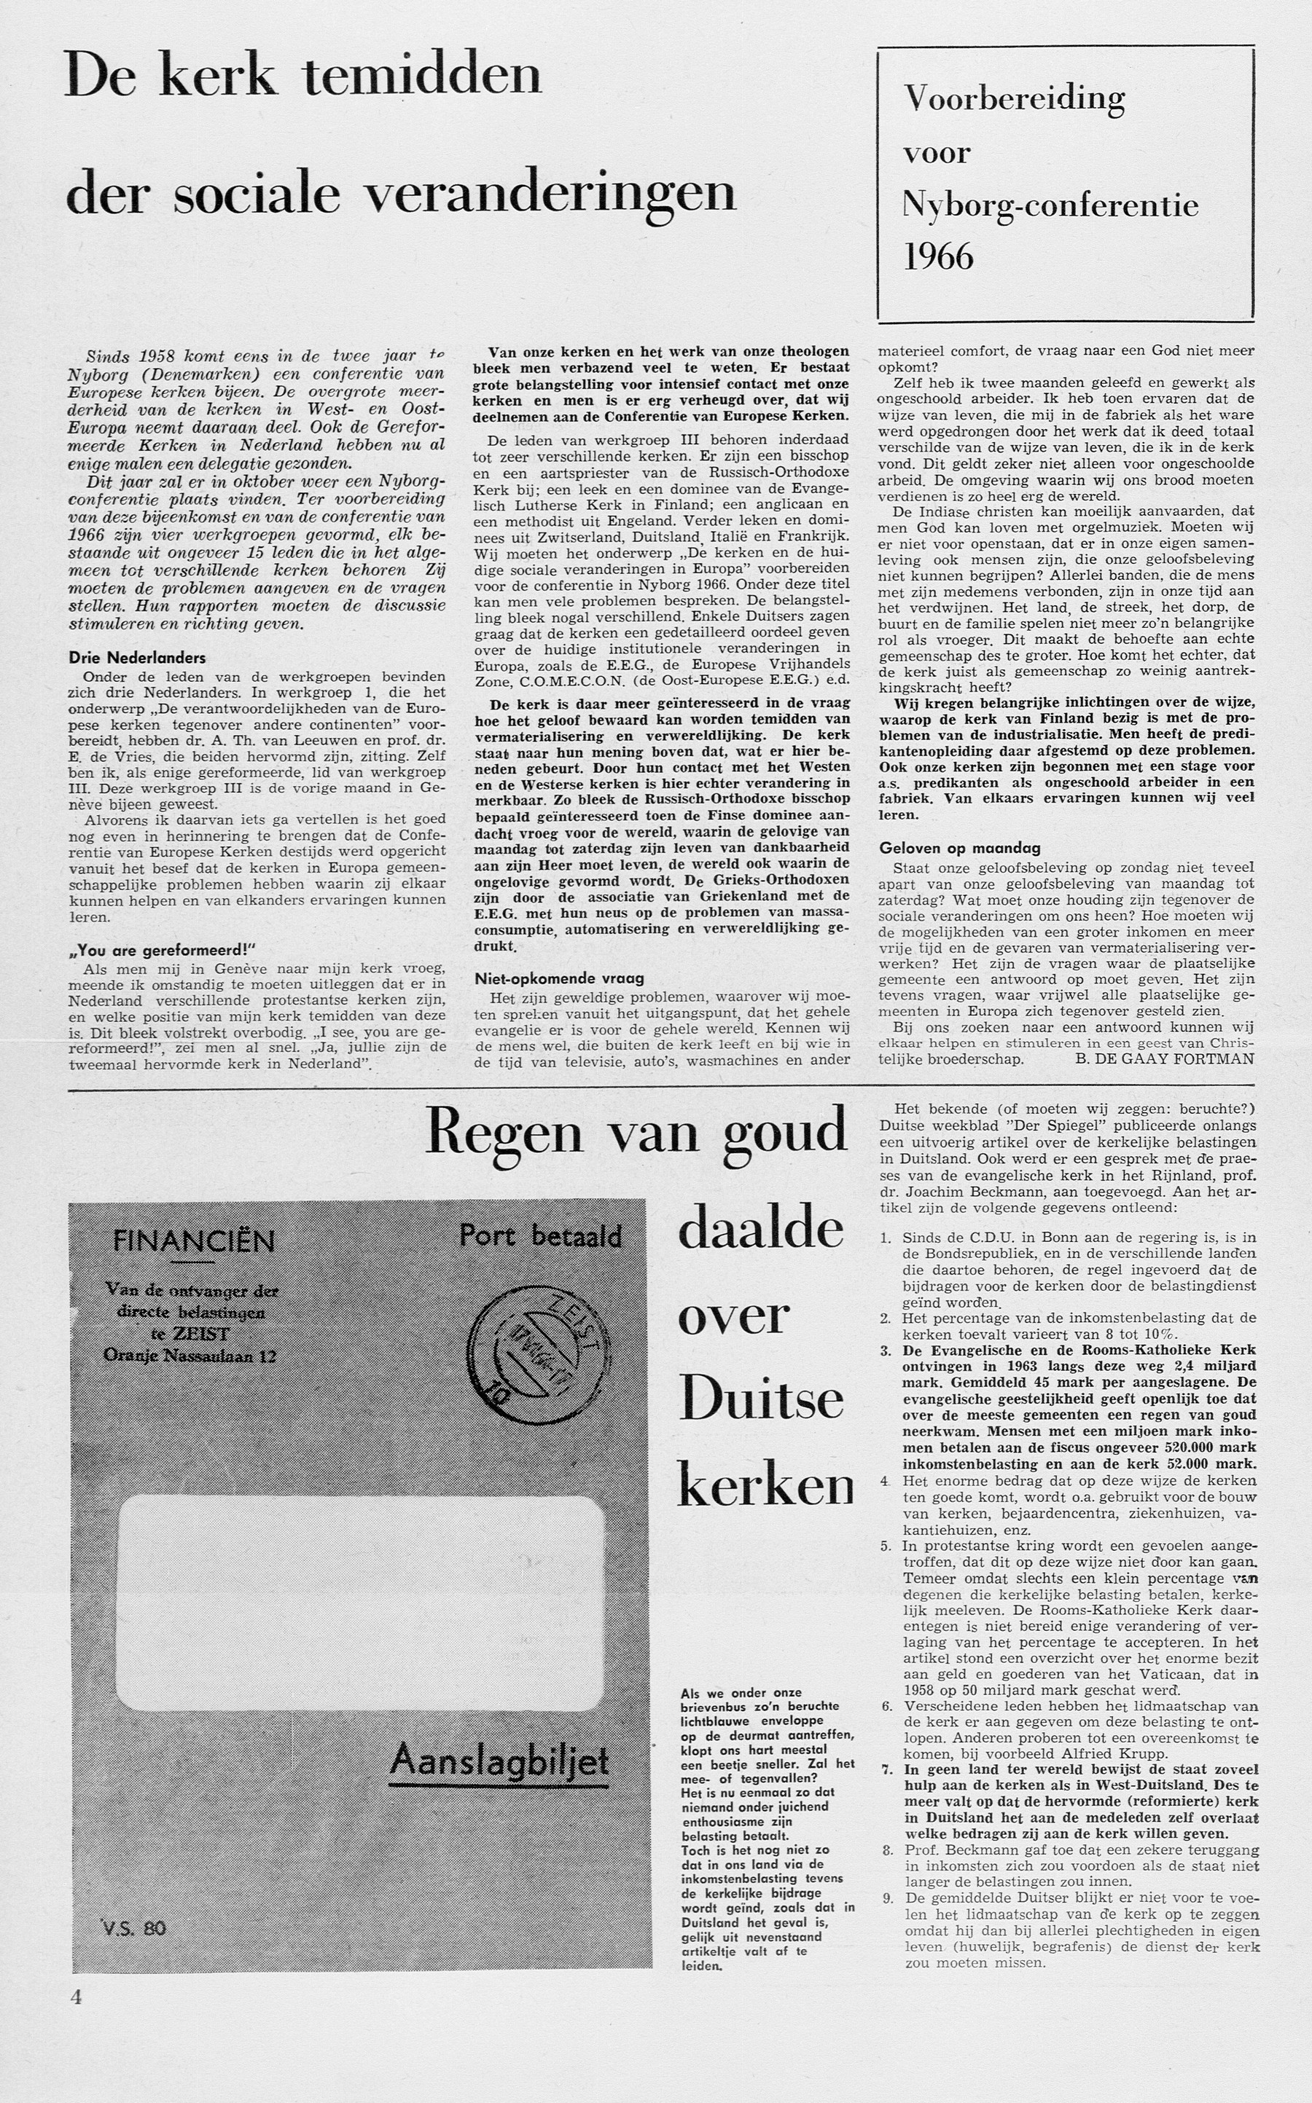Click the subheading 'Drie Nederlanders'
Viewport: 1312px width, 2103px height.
tap(137, 657)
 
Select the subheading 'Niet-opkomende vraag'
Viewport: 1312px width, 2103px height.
tap(559, 978)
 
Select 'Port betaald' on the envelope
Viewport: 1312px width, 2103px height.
tap(541, 1235)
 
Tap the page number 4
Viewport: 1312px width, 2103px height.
tap(77, 1995)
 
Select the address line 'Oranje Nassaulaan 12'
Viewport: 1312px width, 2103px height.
tap(190, 1355)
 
